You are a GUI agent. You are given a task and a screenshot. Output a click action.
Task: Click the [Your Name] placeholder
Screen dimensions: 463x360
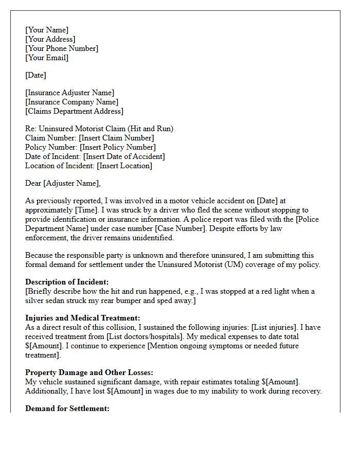click(47, 30)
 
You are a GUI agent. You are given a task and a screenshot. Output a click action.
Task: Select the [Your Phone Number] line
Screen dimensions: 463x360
click(62, 48)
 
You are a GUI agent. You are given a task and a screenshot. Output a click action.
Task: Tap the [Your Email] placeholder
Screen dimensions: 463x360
click(47, 58)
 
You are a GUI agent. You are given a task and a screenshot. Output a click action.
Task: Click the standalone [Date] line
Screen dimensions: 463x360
click(35, 75)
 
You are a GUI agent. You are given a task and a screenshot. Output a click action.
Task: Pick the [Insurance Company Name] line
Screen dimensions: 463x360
click(71, 102)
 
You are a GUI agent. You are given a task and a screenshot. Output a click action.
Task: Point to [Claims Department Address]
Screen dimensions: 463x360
click(74, 111)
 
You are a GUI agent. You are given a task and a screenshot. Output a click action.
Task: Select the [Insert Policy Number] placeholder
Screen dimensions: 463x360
click(117, 147)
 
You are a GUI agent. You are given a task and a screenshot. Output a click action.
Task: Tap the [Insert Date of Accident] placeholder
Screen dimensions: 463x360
click(124, 156)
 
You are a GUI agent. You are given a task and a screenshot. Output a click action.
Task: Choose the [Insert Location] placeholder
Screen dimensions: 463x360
click(124, 166)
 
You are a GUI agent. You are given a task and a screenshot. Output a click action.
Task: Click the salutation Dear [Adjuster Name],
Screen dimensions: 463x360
click(63, 183)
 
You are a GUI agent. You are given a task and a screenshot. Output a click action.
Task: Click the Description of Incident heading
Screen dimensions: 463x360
click(67, 282)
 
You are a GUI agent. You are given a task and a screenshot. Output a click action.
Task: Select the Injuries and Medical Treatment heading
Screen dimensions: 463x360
click(82, 318)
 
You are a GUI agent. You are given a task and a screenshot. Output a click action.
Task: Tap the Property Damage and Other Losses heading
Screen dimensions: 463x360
click(89, 372)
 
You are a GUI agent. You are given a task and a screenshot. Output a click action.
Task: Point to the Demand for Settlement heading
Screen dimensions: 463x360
click(67, 408)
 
